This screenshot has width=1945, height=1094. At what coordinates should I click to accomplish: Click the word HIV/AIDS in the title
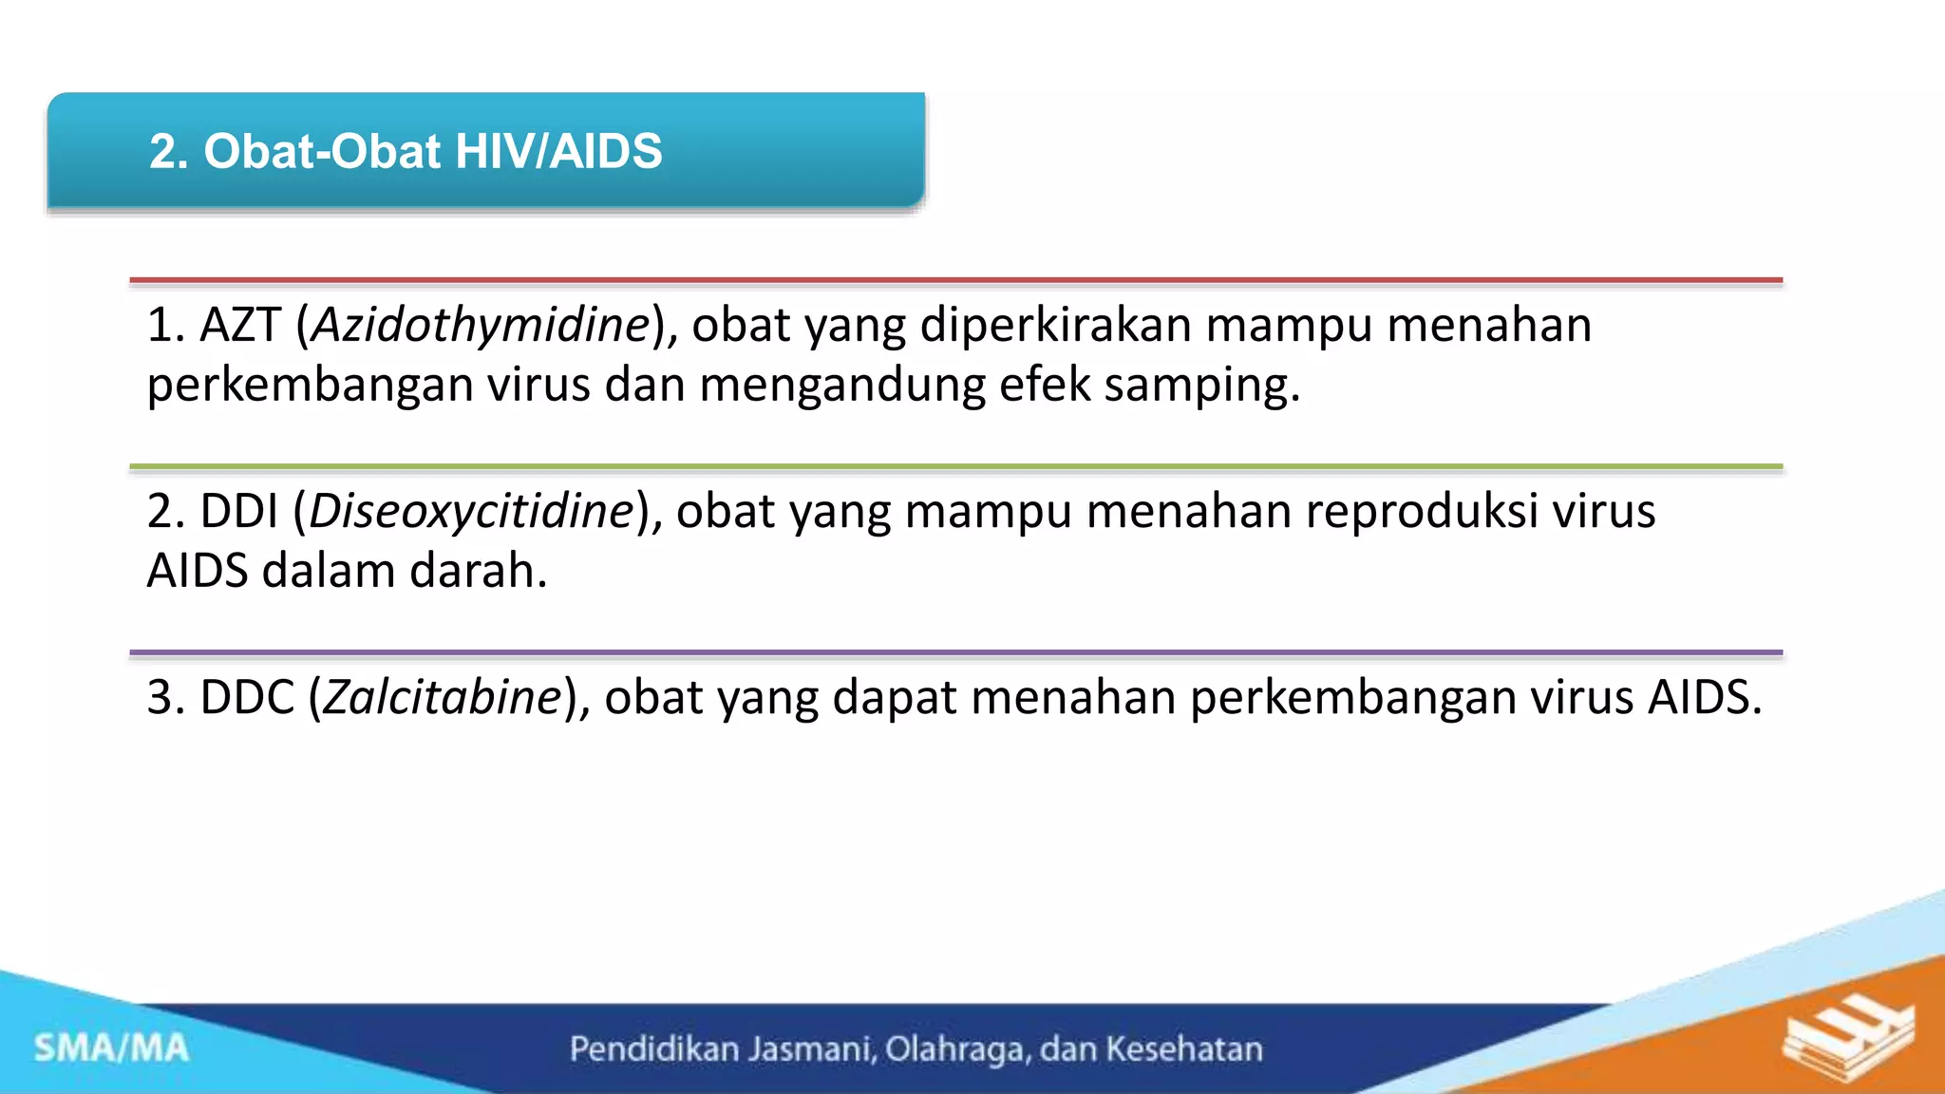click(558, 152)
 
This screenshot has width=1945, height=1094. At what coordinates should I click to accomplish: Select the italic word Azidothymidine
click(481, 326)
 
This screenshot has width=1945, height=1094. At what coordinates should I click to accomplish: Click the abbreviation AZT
click(240, 326)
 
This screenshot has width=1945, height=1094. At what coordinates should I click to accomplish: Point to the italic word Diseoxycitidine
click(471, 512)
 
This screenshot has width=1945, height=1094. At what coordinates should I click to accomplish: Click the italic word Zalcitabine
click(443, 698)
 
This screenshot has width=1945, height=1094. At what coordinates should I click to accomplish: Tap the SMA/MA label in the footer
click(111, 1048)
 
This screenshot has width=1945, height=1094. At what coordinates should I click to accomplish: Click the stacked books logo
click(1847, 1040)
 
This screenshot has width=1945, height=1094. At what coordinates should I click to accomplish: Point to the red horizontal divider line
click(955, 281)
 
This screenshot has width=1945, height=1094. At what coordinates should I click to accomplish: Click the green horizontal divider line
click(955, 467)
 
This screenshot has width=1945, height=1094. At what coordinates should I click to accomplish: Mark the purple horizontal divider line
click(955, 653)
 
